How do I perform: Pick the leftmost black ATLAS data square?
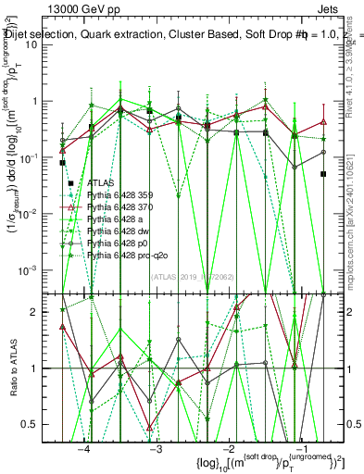point(62,163)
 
